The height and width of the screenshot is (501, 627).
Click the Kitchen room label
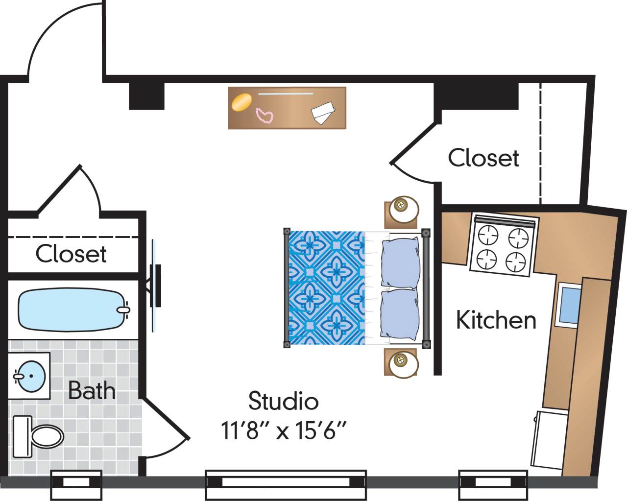tap(496, 320)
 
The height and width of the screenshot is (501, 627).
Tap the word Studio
tap(283, 401)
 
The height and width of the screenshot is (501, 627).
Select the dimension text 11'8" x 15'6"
tap(284, 431)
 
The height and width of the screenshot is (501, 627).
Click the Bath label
tap(92, 390)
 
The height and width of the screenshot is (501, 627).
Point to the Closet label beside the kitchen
tap(483, 158)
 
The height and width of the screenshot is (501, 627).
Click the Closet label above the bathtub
tap(71, 254)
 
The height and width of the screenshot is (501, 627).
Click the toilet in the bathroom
tap(39, 435)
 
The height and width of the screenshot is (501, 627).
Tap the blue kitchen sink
tap(570, 305)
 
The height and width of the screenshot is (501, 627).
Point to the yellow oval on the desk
tap(241, 103)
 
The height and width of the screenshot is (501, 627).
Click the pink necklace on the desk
tap(265, 115)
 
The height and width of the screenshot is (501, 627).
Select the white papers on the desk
tap(322, 112)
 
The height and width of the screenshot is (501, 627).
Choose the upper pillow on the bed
tap(400, 262)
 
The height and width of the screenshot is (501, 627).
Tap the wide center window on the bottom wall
tap(286, 480)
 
